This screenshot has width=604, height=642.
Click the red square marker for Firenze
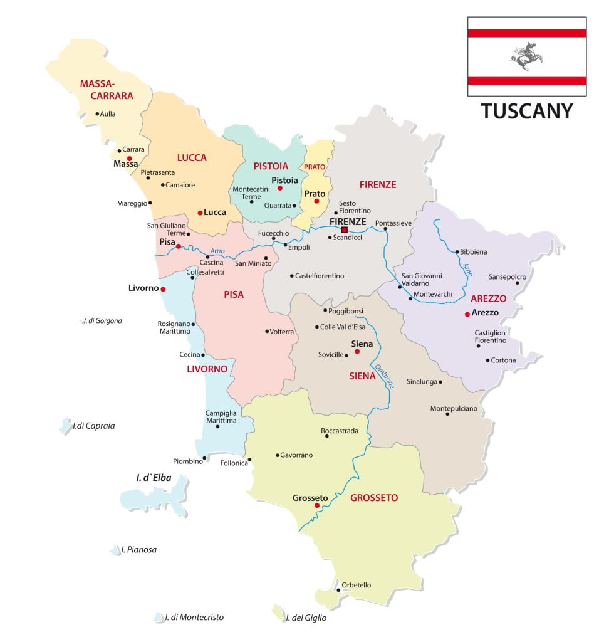(x=344, y=230)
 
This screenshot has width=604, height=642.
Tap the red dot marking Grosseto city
(x=317, y=505)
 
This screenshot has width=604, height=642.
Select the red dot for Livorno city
(x=163, y=289)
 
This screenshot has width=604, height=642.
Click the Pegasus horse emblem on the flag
(x=526, y=56)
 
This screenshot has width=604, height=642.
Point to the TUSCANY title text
(x=527, y=111)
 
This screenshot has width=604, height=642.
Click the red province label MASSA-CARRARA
(x=107, y=90)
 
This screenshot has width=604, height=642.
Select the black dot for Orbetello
(x=338, y=590)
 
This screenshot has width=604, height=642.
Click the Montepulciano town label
(x=454, y=408)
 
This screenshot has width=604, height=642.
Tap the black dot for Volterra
(x=267, y=331)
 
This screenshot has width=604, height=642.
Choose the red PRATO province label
(x=315, y=167)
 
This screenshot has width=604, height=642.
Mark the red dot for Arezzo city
(x=467, y=313)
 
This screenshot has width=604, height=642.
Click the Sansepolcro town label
(x=507, y=276)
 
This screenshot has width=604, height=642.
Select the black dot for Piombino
(x=204, y=458)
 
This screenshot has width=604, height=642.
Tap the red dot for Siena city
(x=357, y=352)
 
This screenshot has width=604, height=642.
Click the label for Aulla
(x=108, y=113)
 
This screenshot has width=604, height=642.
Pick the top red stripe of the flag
(x=526, y=33)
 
